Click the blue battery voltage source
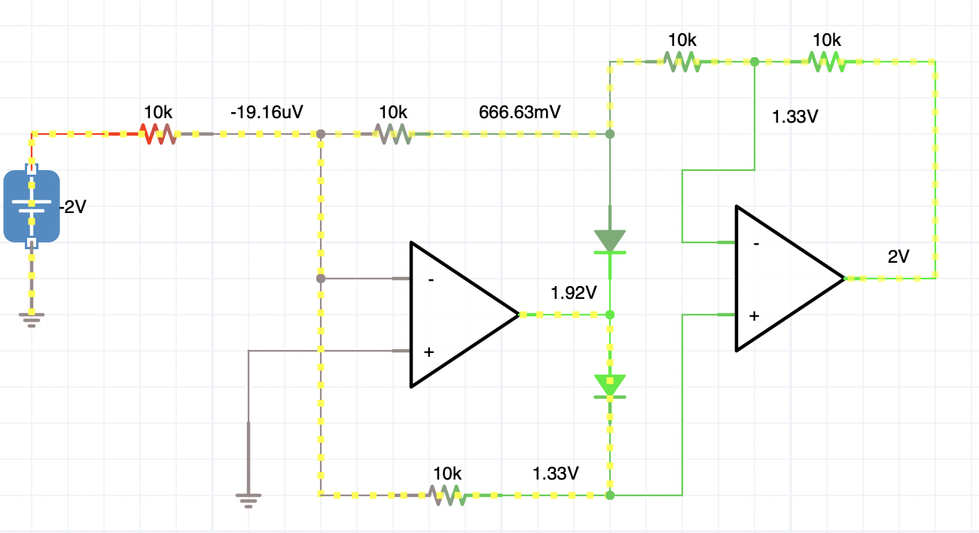point(32,206)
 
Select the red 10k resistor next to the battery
point(158,134)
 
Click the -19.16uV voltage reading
point(267,112)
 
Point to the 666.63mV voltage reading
point(520,112)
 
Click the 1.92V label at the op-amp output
point(573,293)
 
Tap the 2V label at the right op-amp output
point(898,257)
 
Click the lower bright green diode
point(610,386)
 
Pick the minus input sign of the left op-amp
point(431,280)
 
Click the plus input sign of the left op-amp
point(429,352)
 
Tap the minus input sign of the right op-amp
point(756,244)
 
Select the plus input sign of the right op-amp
point(754,316)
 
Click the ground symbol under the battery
point(32,320)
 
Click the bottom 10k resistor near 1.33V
point(447,495)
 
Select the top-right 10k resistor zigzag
point(826,62)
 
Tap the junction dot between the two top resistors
point(755,62)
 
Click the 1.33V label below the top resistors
point(795,117)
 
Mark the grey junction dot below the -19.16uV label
point(321,134)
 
